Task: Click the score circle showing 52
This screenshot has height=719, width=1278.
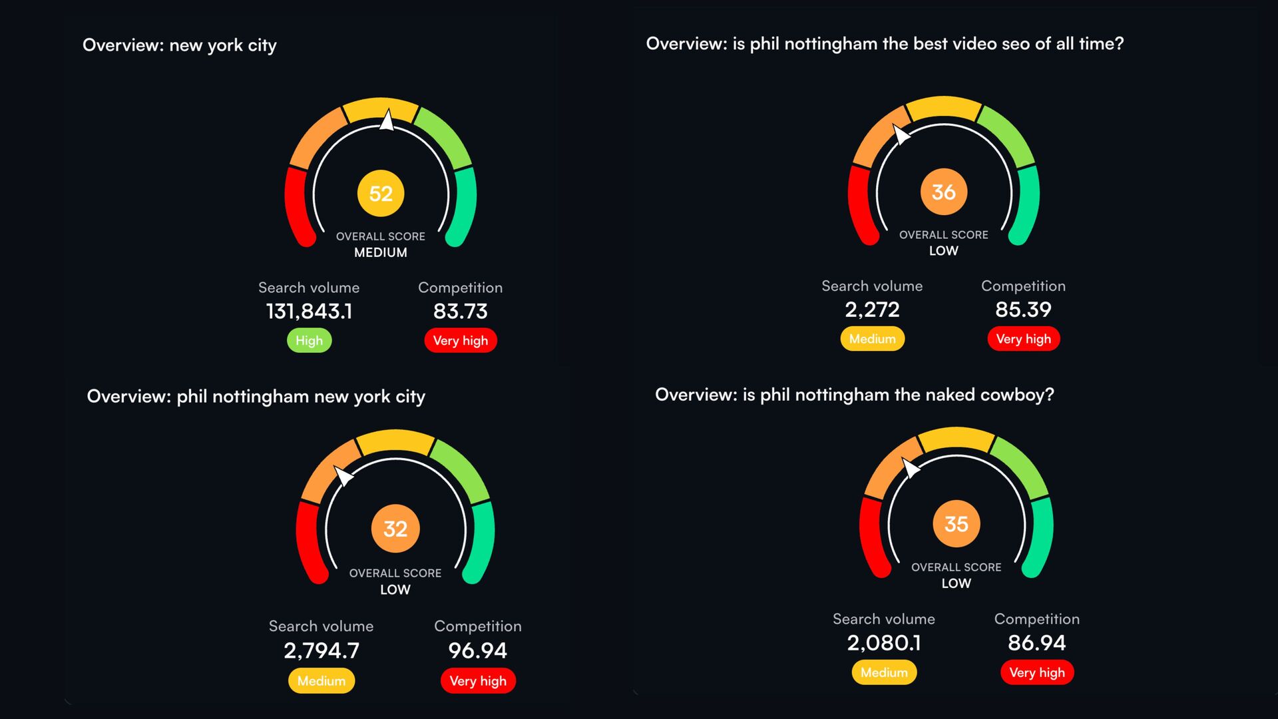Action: click(381, 193)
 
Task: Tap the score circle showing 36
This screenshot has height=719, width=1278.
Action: click(943, 192)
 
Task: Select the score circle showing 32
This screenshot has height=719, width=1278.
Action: click(395, 529)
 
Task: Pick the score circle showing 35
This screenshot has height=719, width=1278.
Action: click(956, 524)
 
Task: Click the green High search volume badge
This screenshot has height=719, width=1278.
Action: click(309, 340)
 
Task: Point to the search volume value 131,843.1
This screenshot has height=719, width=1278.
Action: click(309, 311)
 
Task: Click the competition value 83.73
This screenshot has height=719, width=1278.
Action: click(460, 311)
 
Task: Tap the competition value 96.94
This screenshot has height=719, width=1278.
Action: click(477, 650)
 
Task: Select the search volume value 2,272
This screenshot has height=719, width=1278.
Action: click(872, 309)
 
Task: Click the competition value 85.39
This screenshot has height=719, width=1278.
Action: click(1023, 309)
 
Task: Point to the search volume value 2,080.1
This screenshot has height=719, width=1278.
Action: click(884, 642)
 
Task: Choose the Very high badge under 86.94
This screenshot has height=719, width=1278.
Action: click(1036, 672)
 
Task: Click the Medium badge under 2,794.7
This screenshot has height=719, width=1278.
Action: click(321, 681)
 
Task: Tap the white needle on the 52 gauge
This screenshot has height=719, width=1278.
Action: click(387, 121)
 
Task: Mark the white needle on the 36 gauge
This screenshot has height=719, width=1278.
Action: click(901, 134)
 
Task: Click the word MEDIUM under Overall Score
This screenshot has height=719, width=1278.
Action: click(380, 252)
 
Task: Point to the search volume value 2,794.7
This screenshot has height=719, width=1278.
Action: click(321, 650)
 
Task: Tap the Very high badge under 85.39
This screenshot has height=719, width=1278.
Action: click(1023, 339)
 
